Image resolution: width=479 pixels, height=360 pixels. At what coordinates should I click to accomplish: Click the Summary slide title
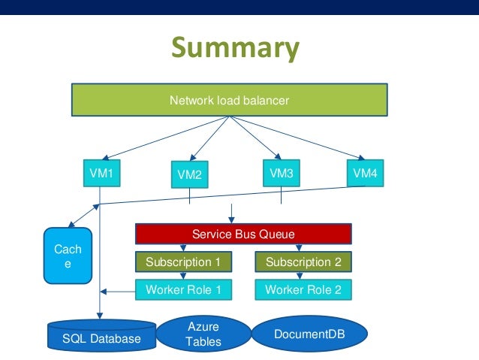click(235, 48)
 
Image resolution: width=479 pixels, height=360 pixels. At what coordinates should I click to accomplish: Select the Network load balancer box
click(229, 99)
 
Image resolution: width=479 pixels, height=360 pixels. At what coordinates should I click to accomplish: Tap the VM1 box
click(101, 174)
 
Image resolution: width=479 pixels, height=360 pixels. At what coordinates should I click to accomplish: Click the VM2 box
click(189, 175)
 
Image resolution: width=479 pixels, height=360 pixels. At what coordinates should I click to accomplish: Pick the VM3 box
click(281, 174)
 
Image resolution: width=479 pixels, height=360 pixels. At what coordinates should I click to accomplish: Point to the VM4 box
click(365, 174)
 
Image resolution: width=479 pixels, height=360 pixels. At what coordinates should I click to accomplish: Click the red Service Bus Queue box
click(243, 234)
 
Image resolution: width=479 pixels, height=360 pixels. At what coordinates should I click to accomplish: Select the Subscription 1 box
click(183, 262)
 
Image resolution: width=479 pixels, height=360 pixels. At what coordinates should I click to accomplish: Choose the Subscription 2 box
click(303, 262)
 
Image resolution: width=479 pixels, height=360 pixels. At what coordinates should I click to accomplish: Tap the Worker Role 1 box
click(183, 289)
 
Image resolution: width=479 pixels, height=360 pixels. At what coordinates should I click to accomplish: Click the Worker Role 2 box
click(303, 289)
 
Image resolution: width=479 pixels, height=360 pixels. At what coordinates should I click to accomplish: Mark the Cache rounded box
click(68, 256)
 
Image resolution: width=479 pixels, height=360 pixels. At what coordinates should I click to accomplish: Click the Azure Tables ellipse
click(203, 333)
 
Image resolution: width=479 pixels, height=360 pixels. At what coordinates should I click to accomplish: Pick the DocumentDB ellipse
click(309, 334)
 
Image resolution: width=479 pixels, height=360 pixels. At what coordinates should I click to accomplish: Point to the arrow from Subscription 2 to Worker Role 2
click(303, 276)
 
